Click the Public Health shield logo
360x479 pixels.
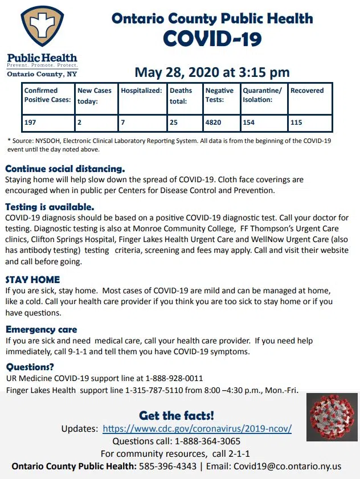(x=42, y=27)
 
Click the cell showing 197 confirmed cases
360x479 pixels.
(x=48, y=122)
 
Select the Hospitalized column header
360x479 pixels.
(x=142, y=91)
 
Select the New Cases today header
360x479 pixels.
(x=95, y=95)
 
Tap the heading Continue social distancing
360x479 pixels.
(x=65, y=169)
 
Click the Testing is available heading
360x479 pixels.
(x=50, y=207)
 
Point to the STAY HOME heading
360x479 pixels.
(x=32, y=280)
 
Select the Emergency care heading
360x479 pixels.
(x=41, y=329)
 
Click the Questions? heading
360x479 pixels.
(x=30, y=367)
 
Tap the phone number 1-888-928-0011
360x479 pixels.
(x=174, y=378)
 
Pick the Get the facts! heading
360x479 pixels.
(x=177, y=415)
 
